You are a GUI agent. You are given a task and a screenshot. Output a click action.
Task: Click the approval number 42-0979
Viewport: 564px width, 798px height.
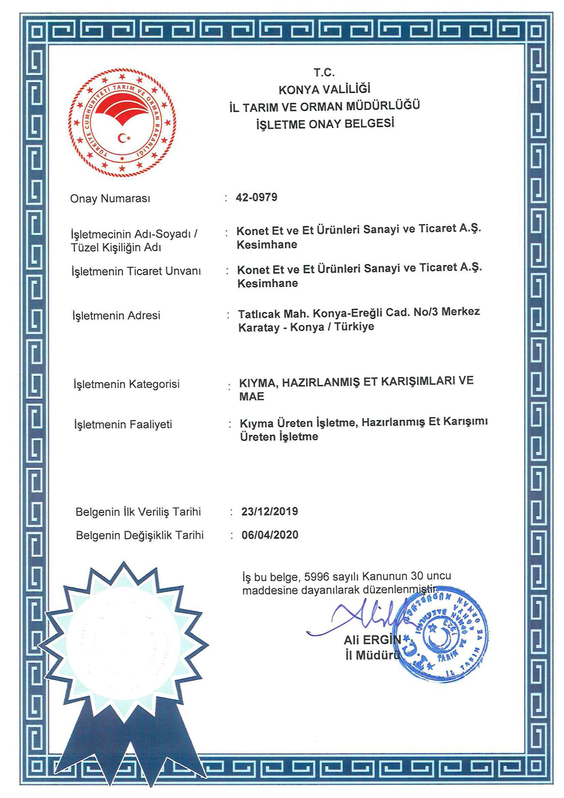tap(256, 197)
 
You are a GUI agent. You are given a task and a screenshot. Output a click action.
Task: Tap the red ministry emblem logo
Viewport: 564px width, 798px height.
tap(122, 123)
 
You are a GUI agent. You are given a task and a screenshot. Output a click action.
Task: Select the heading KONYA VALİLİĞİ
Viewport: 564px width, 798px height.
tap(324, 89)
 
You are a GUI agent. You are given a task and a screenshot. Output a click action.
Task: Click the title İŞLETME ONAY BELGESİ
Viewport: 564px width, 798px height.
tap(325, 124)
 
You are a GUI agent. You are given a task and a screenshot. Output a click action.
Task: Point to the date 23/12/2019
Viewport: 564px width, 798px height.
tap(270, 511)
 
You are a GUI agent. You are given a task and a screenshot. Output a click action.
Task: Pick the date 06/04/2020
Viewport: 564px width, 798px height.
tap(270, 535)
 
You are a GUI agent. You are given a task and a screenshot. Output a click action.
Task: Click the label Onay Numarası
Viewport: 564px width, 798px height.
tap(110, 199)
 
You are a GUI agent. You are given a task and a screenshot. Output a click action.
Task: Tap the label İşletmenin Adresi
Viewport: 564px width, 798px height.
tap(116, 315)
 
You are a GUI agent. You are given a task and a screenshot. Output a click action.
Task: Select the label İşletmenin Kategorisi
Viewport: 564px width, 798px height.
tap(127, 384)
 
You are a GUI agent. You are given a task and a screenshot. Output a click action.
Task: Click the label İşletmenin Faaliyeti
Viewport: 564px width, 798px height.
tap(123, 424)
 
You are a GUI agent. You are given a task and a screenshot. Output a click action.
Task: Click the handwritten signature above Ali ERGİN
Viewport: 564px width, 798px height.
tap(361, 618)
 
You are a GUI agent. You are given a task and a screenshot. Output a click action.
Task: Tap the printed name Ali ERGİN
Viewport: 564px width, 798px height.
tap(373, 640)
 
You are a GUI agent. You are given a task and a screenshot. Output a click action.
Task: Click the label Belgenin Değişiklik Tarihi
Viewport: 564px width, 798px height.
tap(140, 535)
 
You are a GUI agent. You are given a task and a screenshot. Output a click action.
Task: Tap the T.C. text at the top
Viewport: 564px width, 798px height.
tap(324, 73)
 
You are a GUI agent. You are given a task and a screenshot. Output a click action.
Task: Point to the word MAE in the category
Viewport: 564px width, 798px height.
tap(252, 397)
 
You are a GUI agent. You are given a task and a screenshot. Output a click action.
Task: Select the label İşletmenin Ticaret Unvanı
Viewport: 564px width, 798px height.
tap(136, 271)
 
